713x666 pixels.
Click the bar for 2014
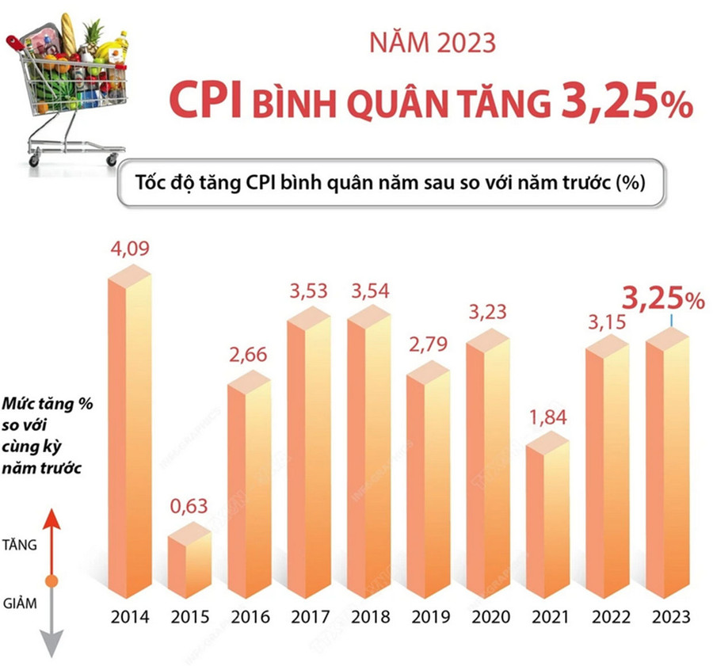click(x=129, y=436)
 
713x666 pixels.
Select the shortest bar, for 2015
click(x=189, y=564)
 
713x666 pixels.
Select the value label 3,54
click(x=369, y=290)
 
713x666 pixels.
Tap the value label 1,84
click(x=548, y=418)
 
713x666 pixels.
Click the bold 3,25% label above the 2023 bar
click(x=663, y=300)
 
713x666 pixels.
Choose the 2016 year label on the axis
click(x=250, y=617)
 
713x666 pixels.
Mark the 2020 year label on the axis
click(x=488, y=617)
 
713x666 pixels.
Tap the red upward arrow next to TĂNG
click(x=51, y=539)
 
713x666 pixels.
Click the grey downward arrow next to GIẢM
click(x=51, y=626)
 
